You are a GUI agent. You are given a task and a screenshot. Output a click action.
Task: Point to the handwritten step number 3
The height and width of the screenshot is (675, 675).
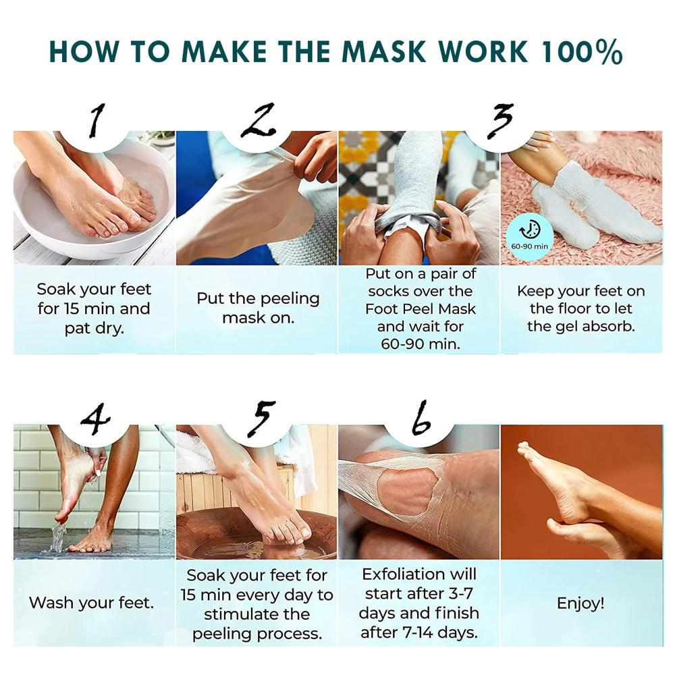click(500, 122)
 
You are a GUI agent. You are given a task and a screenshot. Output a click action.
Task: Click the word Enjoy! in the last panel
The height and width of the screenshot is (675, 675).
click(580, 603)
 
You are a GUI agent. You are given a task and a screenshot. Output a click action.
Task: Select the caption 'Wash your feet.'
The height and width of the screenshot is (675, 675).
click(92, 603)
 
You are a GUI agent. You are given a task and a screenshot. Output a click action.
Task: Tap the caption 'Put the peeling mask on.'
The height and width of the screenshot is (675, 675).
click(258, 308)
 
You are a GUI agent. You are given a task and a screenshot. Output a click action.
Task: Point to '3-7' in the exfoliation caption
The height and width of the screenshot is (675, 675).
click(462, 593)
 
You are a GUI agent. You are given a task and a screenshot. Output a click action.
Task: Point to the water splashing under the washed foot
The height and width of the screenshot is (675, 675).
click(58, 537)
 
